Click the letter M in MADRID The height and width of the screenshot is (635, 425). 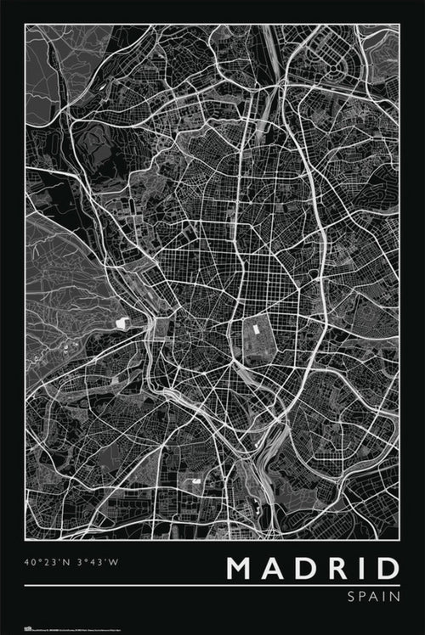242,568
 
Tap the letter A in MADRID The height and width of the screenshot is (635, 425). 277,568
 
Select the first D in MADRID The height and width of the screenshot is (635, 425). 308,568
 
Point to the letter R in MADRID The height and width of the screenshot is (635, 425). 338,568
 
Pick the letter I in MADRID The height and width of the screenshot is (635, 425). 362,568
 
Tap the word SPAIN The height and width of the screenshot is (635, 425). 372,597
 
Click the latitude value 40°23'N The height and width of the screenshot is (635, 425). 46,560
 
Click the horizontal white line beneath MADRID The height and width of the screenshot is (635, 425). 212,585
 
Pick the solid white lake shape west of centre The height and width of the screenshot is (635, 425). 122,323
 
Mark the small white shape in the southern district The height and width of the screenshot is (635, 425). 196,481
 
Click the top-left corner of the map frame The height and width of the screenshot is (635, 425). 25,24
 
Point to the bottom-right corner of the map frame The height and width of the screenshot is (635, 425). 399,539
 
